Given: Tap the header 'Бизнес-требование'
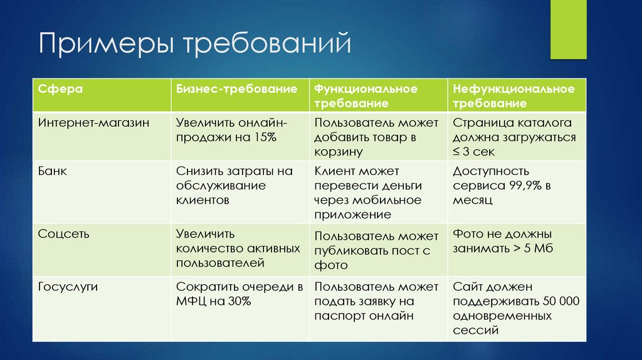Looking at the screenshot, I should tap(236, 89).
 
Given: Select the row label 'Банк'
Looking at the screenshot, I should tap(52, 171).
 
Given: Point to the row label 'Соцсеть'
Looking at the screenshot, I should tap(63, 234).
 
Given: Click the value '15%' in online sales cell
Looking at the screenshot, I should tap(262, 137).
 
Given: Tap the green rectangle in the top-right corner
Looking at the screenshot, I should tap(568, 29).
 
